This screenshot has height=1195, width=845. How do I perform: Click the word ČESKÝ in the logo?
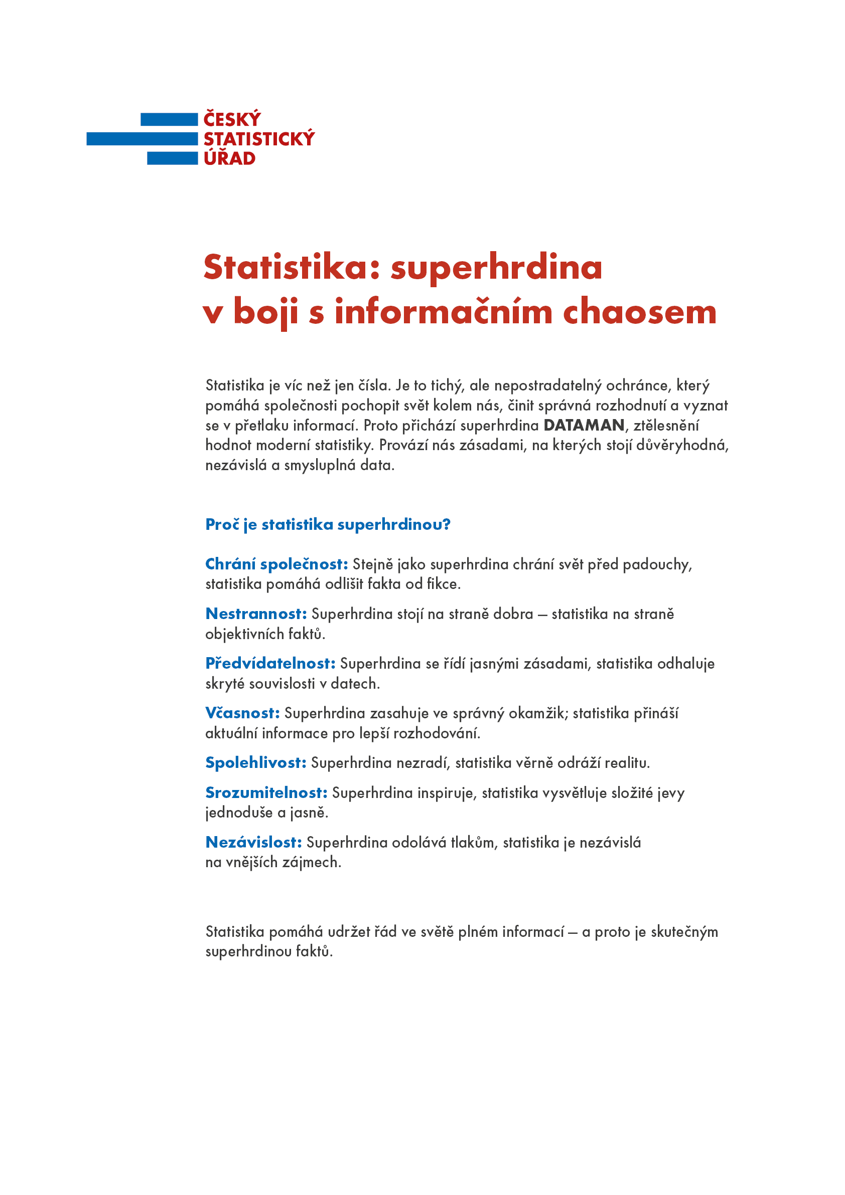232,120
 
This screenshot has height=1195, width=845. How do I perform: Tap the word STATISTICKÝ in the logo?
259,139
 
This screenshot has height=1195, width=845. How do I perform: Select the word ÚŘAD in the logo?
229,158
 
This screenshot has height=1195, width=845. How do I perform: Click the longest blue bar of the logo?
142,139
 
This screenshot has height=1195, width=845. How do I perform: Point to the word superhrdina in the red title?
496,267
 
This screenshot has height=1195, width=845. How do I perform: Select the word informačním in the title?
443,312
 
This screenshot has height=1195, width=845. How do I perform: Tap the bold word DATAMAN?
584,425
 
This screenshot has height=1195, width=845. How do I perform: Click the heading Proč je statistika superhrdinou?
328,524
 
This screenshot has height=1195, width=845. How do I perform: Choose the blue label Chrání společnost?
276,564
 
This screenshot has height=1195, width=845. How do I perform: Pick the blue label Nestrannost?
256,614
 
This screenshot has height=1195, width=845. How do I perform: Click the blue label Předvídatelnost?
270,664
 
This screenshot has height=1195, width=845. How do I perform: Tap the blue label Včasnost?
242,713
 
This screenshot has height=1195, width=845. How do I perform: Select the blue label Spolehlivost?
255,762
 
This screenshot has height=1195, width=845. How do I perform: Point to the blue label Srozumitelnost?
265,792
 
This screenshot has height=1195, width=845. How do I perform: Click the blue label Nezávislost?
253,842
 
